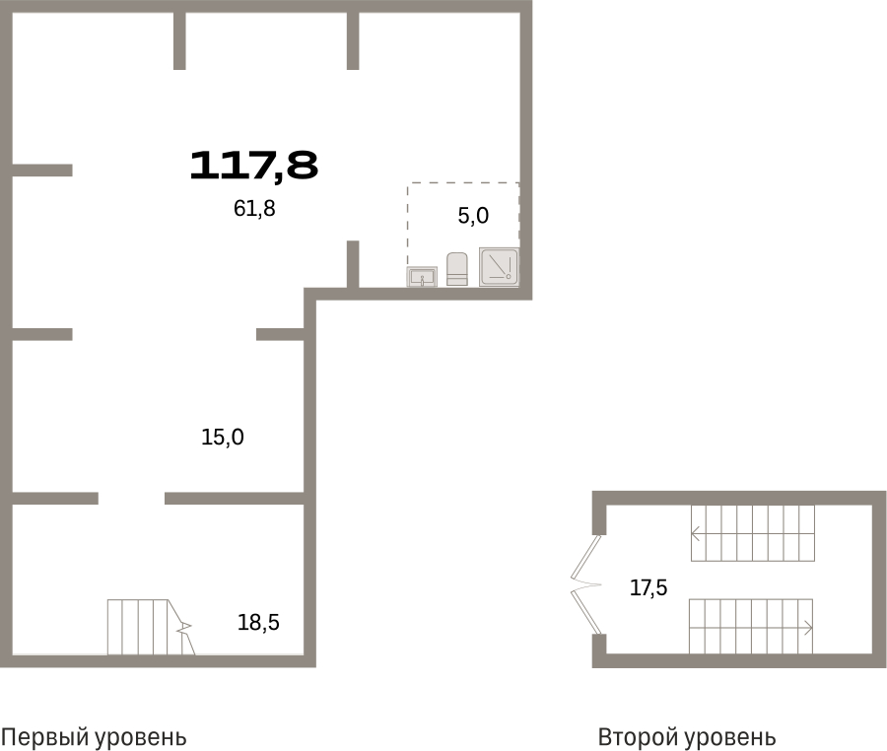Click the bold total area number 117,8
click(253, 167)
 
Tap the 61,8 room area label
click(254, 209)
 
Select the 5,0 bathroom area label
click(473, 216)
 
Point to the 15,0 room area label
click(223, 438)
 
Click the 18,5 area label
click(258, 623)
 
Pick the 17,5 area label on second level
click(648, 588)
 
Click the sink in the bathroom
click(422, 277)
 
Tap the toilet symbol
click(457, 269)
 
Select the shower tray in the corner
click(499, 266)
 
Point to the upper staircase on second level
click(753, 533)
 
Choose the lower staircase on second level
click(751, 627)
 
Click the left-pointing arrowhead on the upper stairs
click(695, 533)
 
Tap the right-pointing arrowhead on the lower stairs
click(808, 628)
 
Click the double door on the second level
click(585, 584)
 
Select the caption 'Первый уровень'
click(94, 737)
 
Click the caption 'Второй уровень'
click(687, 737)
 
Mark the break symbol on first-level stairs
click(184, 627)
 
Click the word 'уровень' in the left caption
click(140, 738)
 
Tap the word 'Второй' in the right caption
click(637, 737)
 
